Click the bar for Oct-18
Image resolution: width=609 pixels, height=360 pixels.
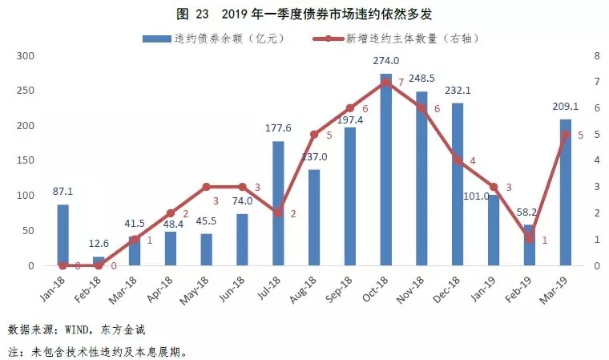click(385, 169)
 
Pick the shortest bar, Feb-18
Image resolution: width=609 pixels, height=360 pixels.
click(99, 261)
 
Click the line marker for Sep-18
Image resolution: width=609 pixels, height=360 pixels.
click(350, 108)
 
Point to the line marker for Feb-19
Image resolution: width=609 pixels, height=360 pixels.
click(530, 239)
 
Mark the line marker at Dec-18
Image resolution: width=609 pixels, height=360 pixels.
click(458, 160)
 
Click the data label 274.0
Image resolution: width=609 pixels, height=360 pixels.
click(385, 61)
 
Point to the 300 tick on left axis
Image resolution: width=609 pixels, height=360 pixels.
click(26, 56)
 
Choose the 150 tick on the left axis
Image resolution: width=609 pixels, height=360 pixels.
click(26, 161)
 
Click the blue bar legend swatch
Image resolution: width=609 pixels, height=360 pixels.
click(155, 38)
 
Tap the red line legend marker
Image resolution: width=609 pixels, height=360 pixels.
click(324, 38)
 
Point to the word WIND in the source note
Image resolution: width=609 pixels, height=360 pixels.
click(84, 330)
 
